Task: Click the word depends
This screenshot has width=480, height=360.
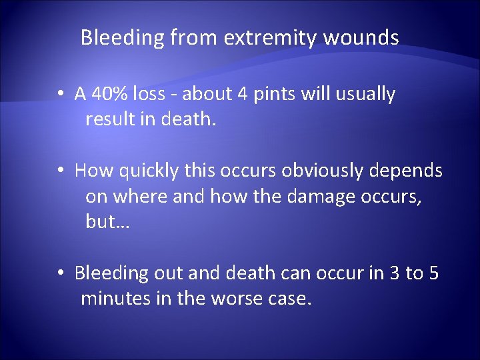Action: (x=408, y=171)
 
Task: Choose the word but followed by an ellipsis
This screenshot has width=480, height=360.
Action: (x=107, y=222)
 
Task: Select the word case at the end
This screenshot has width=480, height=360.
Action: (x=291, y=299)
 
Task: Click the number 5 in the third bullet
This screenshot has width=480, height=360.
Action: (x=433, y=273)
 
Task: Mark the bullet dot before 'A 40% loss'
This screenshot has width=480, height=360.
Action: (x=60, y=95)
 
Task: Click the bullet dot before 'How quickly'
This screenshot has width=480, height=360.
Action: (x=60, y=171)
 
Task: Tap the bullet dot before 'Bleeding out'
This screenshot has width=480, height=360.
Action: (x=60, y=273)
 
